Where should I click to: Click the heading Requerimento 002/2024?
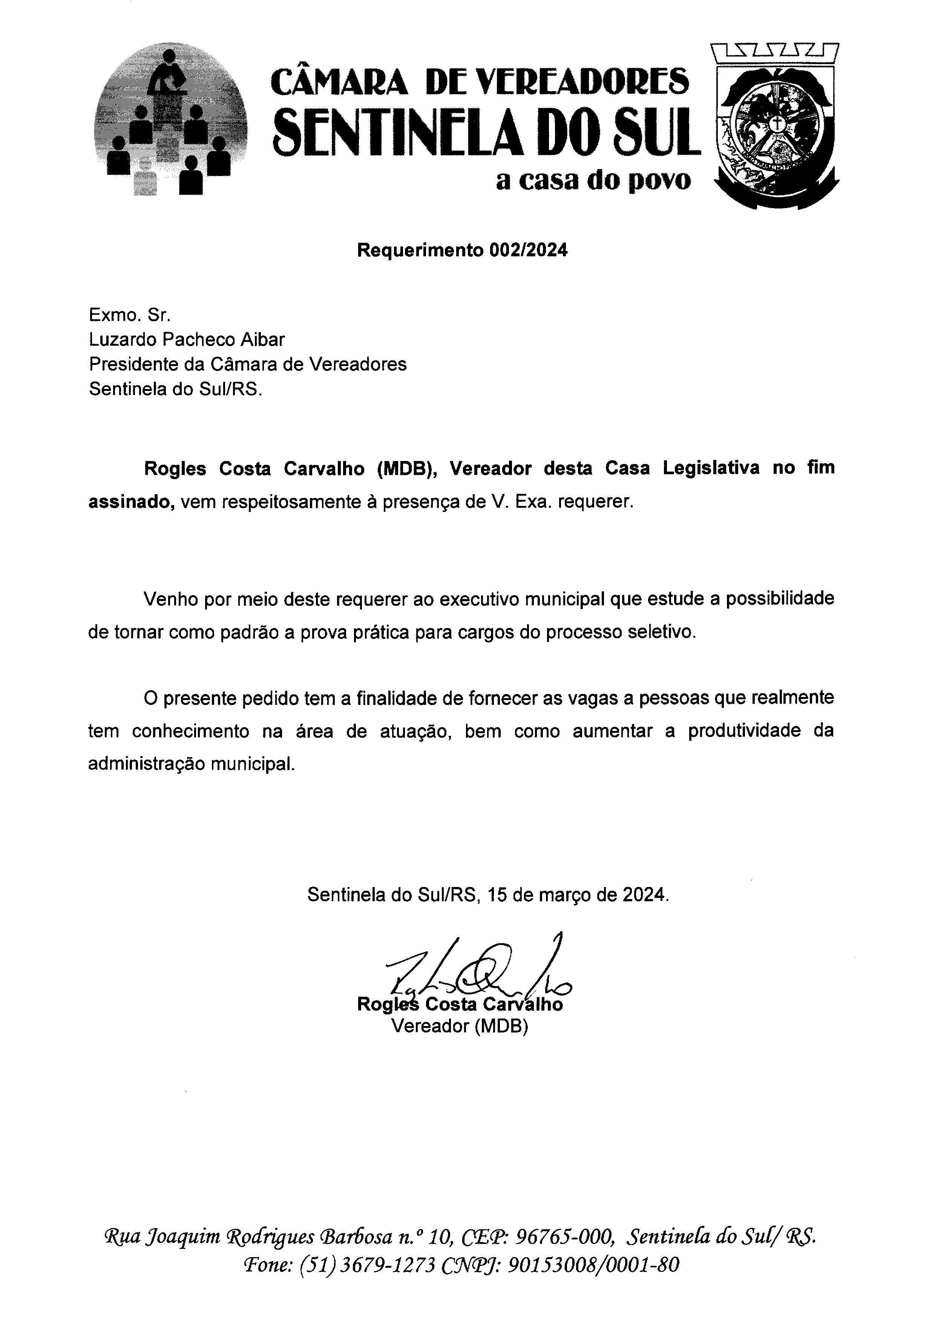pos(462,250)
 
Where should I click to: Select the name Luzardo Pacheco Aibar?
pos(187,339)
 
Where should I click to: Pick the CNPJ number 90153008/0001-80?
pos(594,1264)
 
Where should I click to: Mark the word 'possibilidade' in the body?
pos(780,599)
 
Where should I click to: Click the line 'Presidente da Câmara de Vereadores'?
pos(248,364)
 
